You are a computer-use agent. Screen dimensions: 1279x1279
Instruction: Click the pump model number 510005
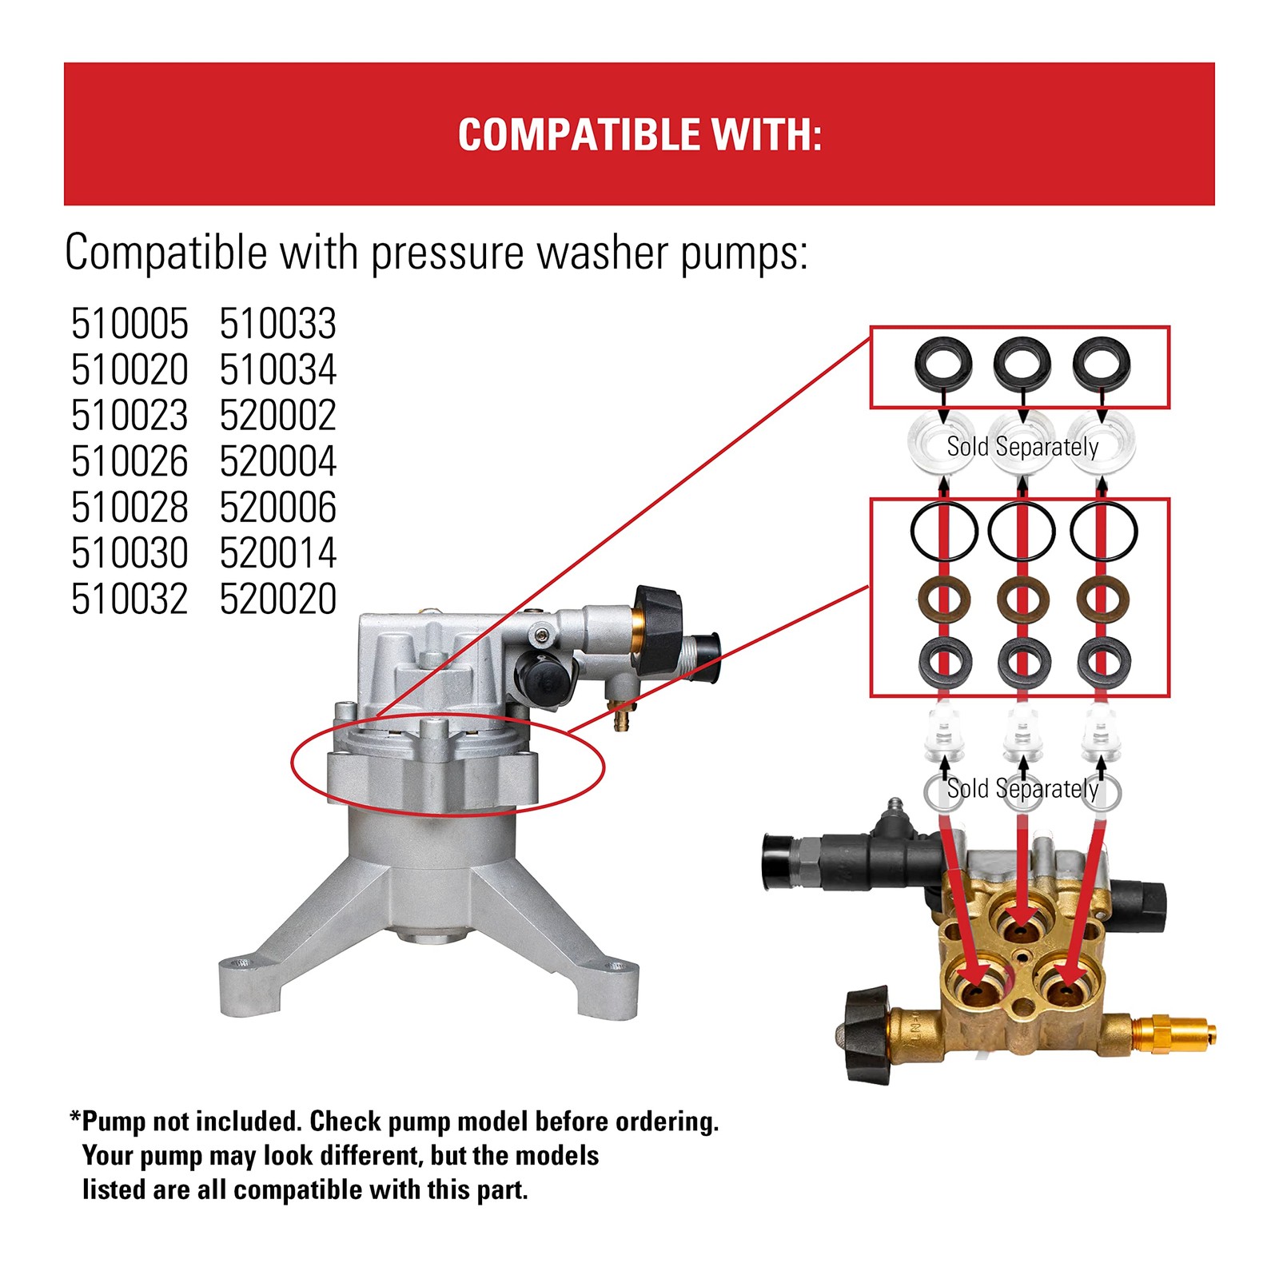[129, 324]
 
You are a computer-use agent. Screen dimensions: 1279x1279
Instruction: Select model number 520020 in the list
[278, 600]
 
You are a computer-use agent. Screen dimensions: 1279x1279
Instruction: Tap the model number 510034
[278, 369]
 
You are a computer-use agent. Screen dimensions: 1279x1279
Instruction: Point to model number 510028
[129, 508]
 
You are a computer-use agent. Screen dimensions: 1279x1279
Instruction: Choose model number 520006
[278, 508]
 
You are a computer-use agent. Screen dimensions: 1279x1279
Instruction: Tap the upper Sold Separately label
[1022, 446]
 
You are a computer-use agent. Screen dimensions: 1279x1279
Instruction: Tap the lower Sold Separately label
[1022, 789]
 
